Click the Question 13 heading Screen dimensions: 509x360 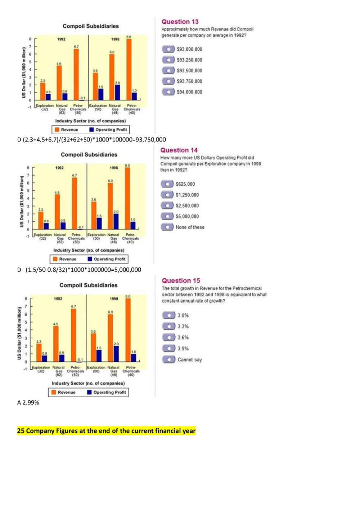click(x=180, y=22)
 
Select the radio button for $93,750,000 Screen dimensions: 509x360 click(x=168, y=81)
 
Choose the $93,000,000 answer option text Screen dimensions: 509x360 click(x=189, y=49)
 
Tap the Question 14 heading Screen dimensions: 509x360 click(x=179, y=150)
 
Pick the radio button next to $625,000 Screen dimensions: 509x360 click(x=167, y=184)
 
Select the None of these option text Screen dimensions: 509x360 click(x=190, y=227)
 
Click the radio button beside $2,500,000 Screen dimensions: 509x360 click(x=167, y=206)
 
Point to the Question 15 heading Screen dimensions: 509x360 click(x=181, y=280)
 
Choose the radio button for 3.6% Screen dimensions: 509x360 click(x=168, y=337)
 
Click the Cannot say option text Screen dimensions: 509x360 click(x=189, y=360)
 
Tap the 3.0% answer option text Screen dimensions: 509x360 click(x=183, y=315)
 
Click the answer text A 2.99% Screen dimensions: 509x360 click(x=28, y=402)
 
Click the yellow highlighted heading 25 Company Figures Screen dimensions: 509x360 click(x=106, y=431)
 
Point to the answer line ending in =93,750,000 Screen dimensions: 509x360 click(x=91, y=140)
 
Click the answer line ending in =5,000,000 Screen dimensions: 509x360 click(x=79, y=270)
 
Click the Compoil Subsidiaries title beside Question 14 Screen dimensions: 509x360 click(x=89, y=154)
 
